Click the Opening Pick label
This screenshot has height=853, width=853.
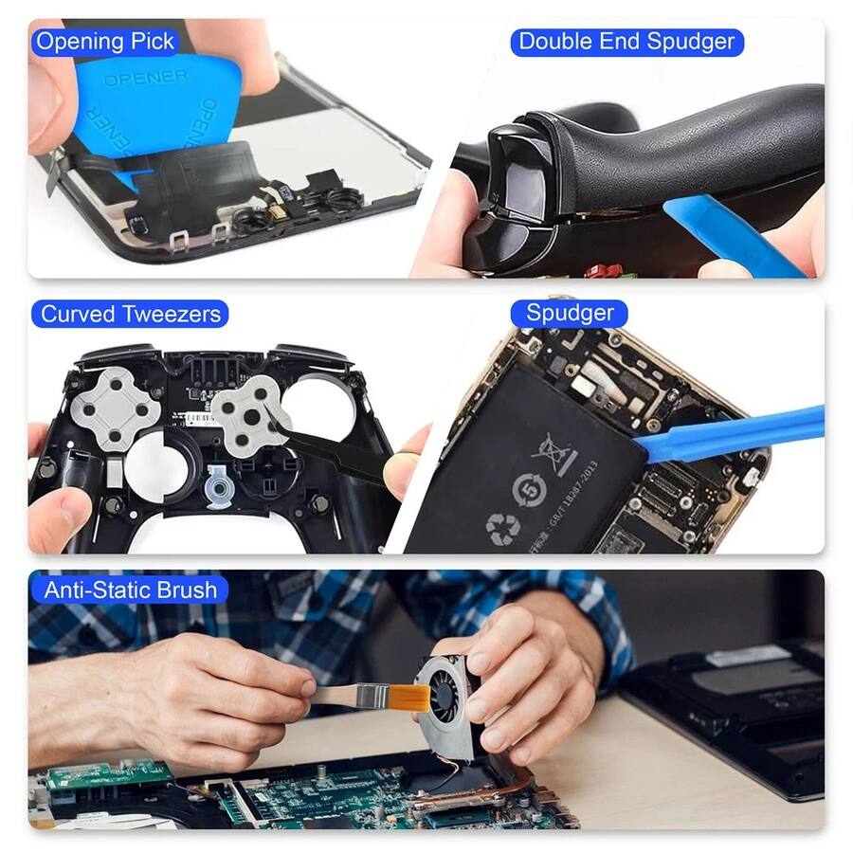pos(104,42)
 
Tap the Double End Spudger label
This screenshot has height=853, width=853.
pos(626,42)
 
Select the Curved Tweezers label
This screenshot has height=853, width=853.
pos(130,314)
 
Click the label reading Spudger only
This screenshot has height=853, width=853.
pos(570,314)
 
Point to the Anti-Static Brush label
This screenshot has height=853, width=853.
pos(130,590)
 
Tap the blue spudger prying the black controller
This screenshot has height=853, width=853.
pos(735,237)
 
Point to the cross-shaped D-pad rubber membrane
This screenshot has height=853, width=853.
pos(116,408)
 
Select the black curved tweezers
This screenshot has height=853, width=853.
pos(332,450)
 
